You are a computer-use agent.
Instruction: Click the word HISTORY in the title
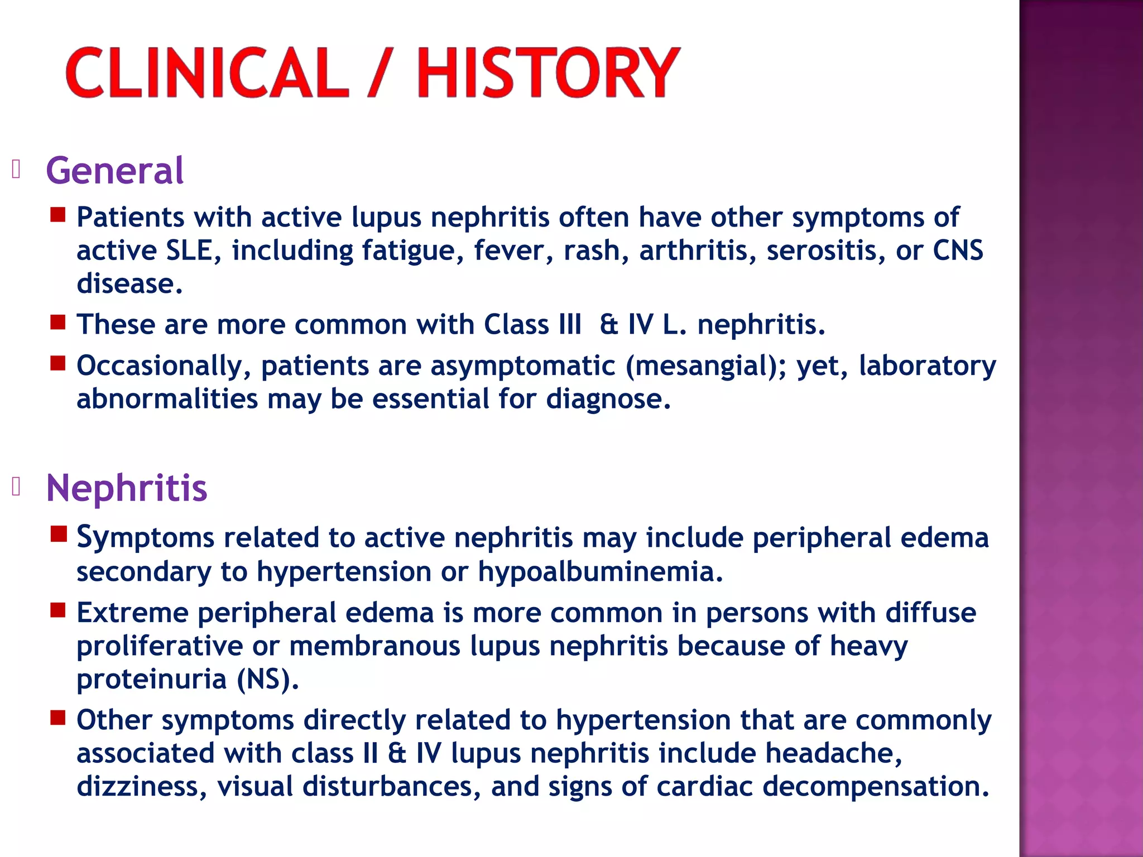pos(548,73)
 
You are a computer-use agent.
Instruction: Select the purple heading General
pos(114,171)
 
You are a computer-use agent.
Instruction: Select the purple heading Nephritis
pos(127,488)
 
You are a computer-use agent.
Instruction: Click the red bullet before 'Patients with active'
pos(58,215)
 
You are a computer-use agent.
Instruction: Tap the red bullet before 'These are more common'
pos(58,322)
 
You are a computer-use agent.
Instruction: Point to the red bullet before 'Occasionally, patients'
pos(58,364)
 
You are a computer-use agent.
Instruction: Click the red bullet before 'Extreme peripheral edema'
pos(58,610)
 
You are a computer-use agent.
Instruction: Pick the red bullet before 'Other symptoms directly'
pos(58,718)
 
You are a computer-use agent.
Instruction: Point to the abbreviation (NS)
pos(267,680)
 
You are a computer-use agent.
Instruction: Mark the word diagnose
pos(608,399)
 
